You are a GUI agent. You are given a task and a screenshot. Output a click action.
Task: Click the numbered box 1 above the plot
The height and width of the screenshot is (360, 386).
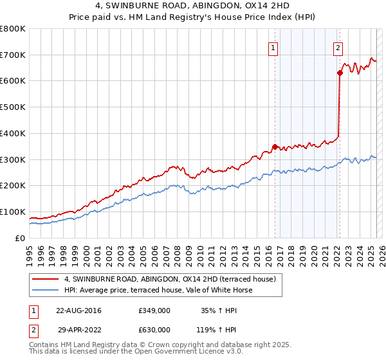(273, 47)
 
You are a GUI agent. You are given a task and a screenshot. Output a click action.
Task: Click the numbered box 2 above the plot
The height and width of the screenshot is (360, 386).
(338, 47)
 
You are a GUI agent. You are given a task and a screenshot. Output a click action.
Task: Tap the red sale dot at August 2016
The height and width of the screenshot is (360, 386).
(275, 147)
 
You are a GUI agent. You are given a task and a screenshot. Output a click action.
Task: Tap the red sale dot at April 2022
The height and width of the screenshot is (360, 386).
(339, 73)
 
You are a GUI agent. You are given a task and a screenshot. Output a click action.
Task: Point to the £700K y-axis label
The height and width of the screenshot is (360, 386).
(13, 55)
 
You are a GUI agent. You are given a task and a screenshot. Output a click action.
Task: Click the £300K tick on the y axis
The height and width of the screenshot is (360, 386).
(13, 159)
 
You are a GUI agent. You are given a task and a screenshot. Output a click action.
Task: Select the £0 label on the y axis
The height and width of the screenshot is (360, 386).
(20, 238)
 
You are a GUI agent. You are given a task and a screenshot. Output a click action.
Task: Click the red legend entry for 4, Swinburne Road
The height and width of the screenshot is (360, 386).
(170, 279)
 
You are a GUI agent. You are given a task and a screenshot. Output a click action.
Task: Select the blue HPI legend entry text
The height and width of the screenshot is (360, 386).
(158, 290)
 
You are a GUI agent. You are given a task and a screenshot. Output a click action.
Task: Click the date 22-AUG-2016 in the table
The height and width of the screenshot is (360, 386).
(78, 310)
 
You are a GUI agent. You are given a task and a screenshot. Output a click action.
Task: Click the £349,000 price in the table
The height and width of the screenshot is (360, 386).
(154, 310)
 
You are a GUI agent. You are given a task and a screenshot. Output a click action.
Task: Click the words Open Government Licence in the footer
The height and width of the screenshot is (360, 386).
(178, 352)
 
